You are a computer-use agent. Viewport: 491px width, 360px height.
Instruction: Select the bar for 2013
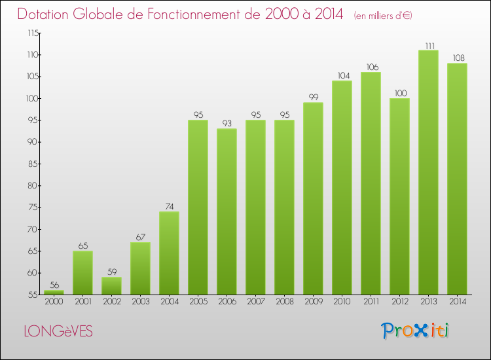tap(428, 172)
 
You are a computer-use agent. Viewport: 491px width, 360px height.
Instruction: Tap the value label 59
tap(111, 272)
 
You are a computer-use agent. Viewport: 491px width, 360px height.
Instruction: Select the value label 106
tap(371, 67)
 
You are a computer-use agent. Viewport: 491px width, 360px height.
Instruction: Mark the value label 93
tap(227, 123)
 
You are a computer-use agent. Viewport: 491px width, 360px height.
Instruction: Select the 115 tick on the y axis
tap(31, 33)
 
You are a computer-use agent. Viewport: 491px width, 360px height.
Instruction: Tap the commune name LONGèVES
tap(58, 331)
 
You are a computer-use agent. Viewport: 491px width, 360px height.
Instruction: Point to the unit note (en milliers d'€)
tap(383, 16)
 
